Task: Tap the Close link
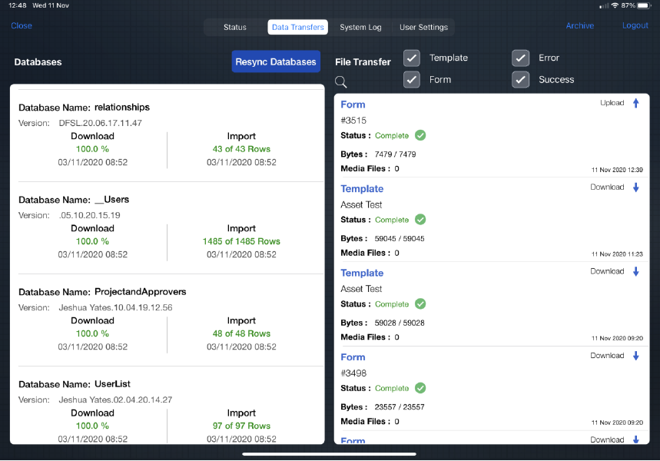point(22,25)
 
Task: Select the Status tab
point(235,28)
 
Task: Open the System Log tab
point(360,28)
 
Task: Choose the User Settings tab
point(423,28)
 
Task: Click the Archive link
point(579,25)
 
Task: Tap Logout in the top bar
point(635,25)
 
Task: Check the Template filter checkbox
point(412,58)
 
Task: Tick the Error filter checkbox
point(521,58)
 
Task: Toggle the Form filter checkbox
point(412,80)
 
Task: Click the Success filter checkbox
point(521,80)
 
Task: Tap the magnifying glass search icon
point(341,81)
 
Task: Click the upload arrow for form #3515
point(636,103)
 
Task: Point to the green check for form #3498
point(420,388)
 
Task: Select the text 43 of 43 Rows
point(241,149)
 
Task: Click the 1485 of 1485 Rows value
point(241,241)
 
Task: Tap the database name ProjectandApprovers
point(140,292)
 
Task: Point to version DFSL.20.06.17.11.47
point(100,123)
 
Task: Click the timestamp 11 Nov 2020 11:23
point(617,254)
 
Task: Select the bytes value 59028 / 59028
point(400,323)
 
